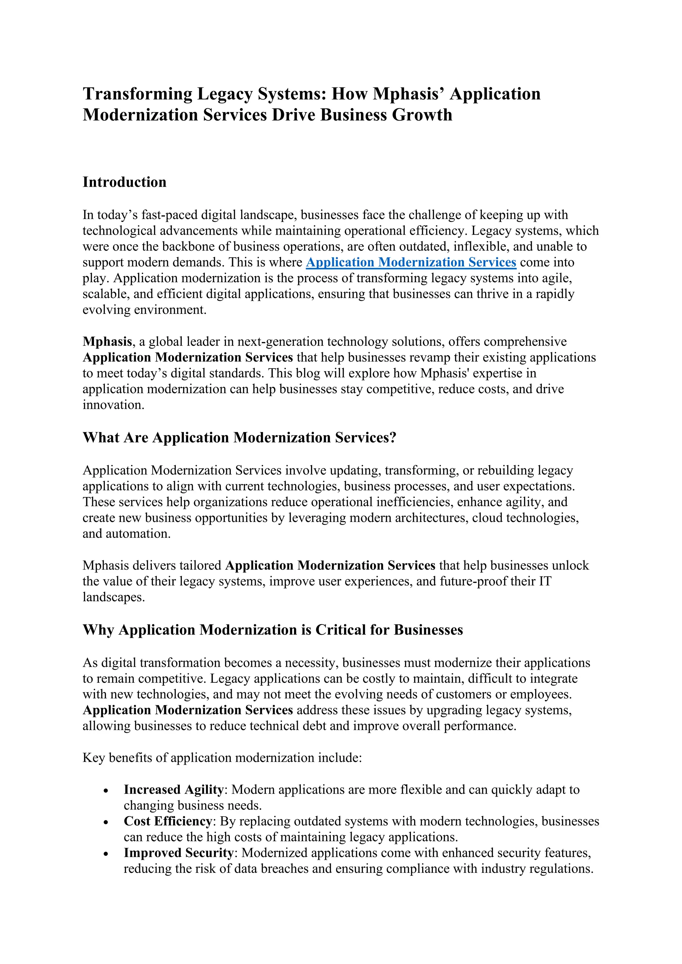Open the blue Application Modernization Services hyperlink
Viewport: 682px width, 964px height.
point(411,262)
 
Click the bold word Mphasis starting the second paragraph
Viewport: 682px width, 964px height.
point(108,341)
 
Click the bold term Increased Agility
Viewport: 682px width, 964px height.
point(173,790)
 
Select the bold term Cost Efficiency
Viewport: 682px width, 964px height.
point(168,821)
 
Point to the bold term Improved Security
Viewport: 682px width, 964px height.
point(178,853)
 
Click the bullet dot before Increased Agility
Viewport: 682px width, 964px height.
point(106,791)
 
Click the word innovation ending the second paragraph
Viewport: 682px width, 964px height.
point(113,405)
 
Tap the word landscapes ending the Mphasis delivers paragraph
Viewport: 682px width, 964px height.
point(113,597)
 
